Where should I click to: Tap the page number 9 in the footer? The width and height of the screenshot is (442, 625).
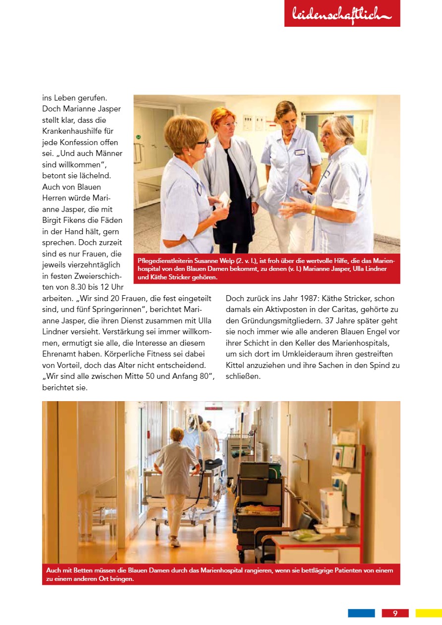tap(395, 613)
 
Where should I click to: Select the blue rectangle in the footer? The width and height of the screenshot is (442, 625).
tap(361, 613)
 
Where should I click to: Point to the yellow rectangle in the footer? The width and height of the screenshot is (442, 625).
tap(428, 613)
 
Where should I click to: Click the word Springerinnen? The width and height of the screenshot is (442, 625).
tap(108, 310)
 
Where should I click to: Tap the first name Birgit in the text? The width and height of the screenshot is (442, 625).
tap(52, 220)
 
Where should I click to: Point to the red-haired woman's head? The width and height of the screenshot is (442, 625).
tap(222, 120)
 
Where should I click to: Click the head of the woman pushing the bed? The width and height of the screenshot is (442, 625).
tap(177, 434)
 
